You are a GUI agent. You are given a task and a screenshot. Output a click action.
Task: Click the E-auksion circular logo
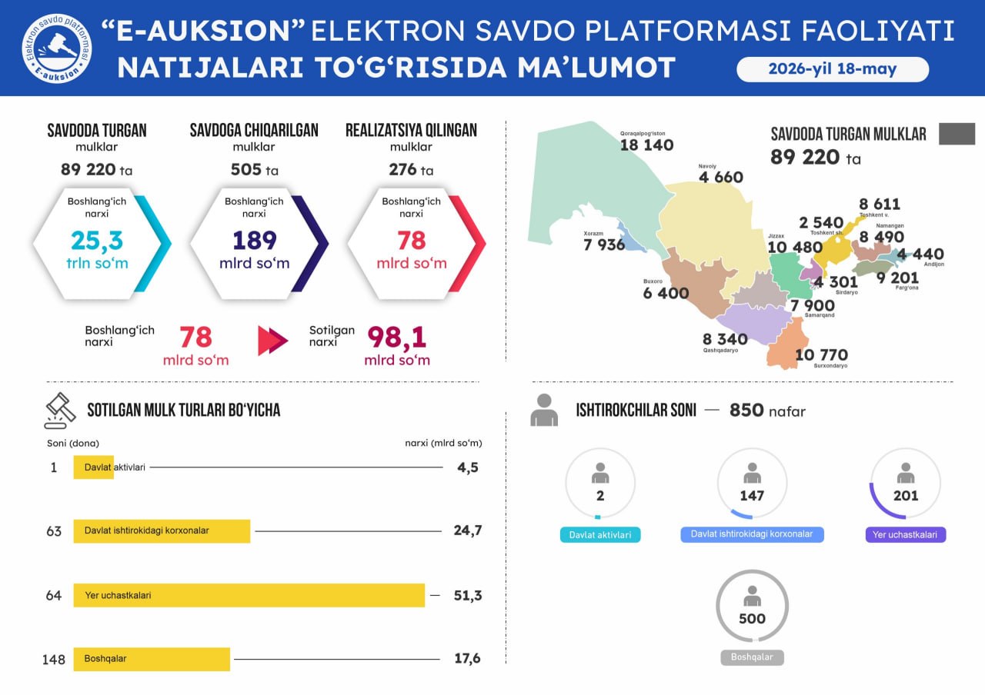pyautogui.click(x=57, y=48)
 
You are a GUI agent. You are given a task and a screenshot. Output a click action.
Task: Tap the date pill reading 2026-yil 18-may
pyautogui.click(x=833, y=69)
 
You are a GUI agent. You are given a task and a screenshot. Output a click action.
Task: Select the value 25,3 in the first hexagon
pyautogui.click(x=97, y=241)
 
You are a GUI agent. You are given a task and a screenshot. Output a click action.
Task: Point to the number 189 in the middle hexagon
pyautogui.click(x=255, y=241)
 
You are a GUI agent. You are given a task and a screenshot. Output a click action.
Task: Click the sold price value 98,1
pyautogui.click(x=396, y=338)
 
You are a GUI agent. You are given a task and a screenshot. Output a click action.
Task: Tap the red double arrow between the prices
pyautogui.click(x=272, y=340)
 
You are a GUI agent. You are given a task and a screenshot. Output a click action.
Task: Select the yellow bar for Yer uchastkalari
pyautogui.click(x=249, y=595)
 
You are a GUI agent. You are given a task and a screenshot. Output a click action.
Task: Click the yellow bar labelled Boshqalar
pyautogui.click(x=152, y=659)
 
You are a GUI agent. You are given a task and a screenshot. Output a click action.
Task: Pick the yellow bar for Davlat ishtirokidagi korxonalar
pyautogui.click(x=162, y=531)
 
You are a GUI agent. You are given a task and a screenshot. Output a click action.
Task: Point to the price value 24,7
pyautogui.click(x=468, y=530)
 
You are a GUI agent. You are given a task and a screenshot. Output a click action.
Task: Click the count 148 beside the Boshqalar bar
pyautogui.click(x=54, y=660)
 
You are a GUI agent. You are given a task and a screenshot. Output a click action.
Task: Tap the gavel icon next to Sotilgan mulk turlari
pyautogui.click(x=60, y=411)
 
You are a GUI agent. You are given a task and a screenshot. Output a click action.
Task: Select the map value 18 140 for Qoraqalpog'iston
pyautogui.click(x=646, y=145)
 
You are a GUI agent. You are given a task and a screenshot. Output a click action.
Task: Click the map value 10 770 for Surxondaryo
pyautogui.click(x=821, y=354)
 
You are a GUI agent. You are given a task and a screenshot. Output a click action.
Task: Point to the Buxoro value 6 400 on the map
pyautogui.click(x=666, y=293)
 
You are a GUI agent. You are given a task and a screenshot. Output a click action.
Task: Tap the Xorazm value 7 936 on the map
pyautogui.click(x=604, y=244)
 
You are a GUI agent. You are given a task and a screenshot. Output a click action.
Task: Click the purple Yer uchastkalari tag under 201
pyautogui.click(x=906, y=534)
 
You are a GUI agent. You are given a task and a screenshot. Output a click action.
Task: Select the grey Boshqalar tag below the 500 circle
pyautogui.click(x=752, y=657)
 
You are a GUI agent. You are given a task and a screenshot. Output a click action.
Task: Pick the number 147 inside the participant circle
pyautogui.click(x=752, y=496)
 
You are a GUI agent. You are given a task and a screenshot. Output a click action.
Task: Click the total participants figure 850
pyautogui.click(x=746, y=411)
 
